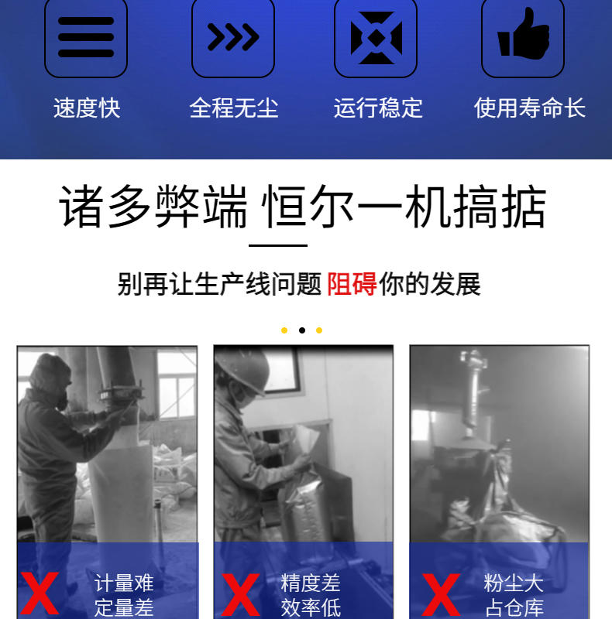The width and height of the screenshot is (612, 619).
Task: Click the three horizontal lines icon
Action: (86, 37)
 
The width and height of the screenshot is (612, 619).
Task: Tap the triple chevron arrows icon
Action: (233, 37)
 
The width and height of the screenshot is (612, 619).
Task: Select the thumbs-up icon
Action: (524, 34)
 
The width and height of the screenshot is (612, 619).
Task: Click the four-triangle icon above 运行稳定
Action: (376, 38)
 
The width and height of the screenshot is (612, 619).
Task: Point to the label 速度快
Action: (87, 108)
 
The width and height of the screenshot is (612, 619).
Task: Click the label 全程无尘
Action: (234, 108)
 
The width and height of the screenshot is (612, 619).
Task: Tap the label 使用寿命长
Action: (530, 108)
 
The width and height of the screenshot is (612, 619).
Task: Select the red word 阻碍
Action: (352, 284)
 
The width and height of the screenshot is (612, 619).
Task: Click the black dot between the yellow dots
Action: (302, 330)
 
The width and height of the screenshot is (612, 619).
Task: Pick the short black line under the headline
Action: (278, 245)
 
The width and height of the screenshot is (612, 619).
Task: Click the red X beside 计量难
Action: (40, 593)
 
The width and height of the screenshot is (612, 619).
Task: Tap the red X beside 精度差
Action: (240, 594)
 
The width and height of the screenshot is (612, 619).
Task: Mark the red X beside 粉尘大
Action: (442, 594)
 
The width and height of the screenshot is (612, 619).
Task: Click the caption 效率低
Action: (311, 607)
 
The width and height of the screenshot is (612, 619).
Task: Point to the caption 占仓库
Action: (514, 607)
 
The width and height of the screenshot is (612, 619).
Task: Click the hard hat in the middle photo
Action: (242, 369)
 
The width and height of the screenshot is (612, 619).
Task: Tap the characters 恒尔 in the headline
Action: (308, 207)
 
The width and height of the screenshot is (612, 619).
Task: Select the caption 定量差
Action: (124, 607)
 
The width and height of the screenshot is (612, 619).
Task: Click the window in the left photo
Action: (177, 385)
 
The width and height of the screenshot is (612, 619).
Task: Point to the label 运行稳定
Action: (378, 108)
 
